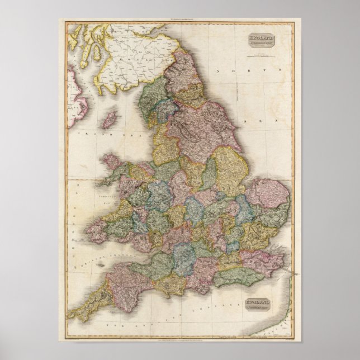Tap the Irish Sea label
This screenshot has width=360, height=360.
point(92,135)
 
